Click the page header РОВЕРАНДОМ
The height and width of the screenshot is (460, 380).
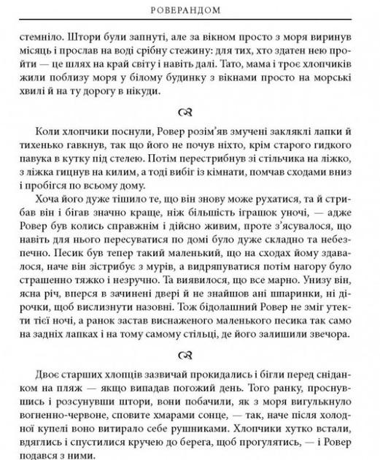pos(190,11)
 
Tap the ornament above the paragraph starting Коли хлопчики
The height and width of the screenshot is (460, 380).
pos(190,112)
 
